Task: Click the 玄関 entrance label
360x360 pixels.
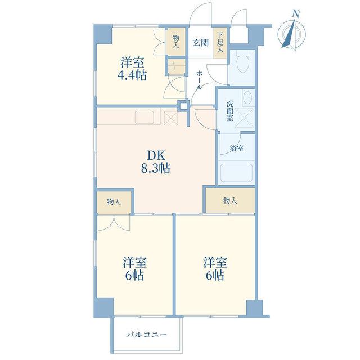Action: [201, 43]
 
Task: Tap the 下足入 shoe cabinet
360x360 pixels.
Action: [220, 43]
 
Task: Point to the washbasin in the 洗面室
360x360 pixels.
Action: [248, 98]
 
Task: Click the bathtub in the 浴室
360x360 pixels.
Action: [236, 173]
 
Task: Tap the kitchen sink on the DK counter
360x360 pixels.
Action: [147, 118]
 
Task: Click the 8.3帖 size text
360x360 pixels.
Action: [156, 168]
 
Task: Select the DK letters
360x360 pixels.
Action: [156, 155]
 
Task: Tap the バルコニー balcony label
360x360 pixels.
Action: [147, 335]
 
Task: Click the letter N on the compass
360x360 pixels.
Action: [296, 14]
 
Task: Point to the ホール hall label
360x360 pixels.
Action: [199, 80]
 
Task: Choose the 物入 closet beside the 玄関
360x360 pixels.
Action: [176, 42]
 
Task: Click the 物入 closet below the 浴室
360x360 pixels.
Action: [230, 201]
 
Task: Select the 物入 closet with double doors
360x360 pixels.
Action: [114, 202]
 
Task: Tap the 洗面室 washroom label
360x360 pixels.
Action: [229, 111]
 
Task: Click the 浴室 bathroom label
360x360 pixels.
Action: [237, 148]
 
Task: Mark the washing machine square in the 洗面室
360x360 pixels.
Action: [245, 118]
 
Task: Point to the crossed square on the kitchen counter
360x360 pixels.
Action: [171, 118]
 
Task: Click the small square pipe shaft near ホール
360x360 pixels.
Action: [183, 106]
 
